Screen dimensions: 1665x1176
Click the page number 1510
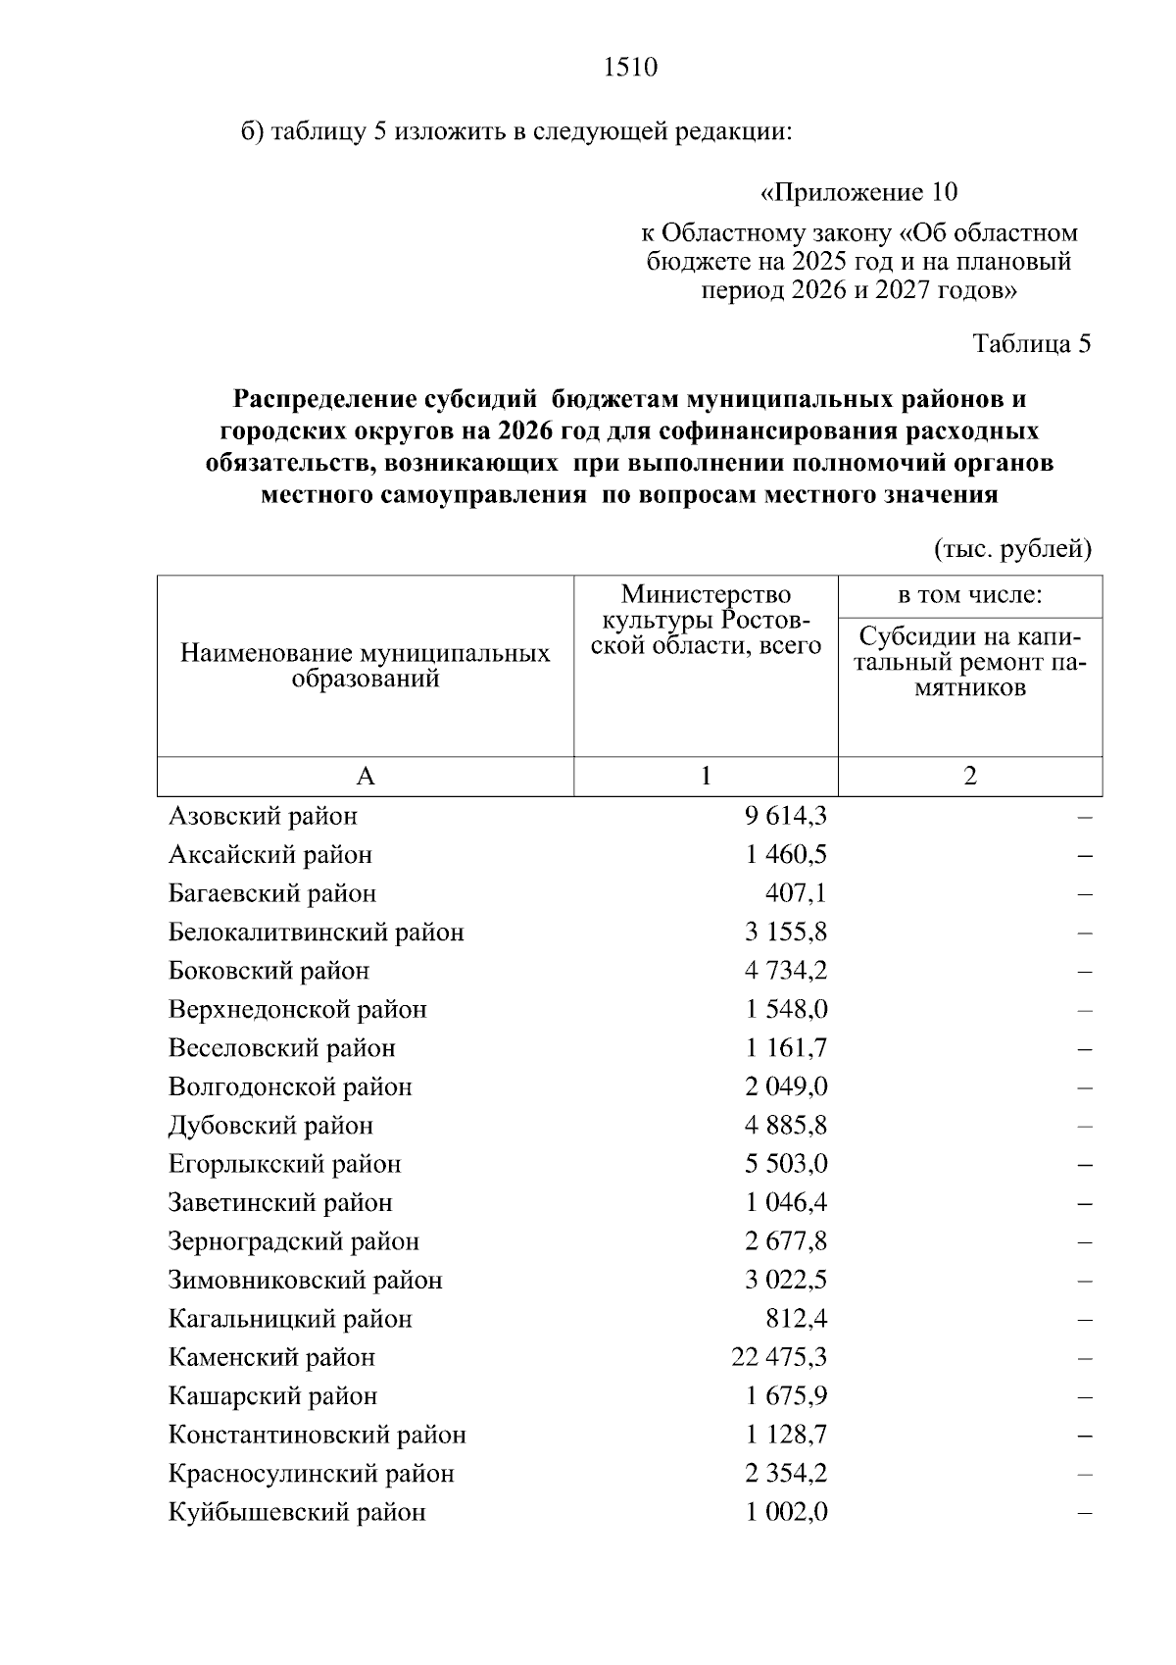(x=630, y=68)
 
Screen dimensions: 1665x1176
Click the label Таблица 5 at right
(x=1031, y=344)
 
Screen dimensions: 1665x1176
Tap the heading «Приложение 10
(x=858, y=191)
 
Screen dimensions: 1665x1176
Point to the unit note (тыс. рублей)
(x=1012, y=549)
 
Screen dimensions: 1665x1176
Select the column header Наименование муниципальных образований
(x=365, y=666)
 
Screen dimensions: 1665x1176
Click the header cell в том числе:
(x=969, y=595)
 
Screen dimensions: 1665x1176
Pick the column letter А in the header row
(x=365, y=777)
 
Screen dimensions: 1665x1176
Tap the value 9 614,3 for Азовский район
(x=785, y=816)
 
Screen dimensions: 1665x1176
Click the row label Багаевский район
(x=272, y=893)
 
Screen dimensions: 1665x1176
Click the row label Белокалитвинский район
(x=316, y=933)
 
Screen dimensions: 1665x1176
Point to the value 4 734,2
(x=785, y=971)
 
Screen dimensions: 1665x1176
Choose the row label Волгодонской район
(x=290, y=1086)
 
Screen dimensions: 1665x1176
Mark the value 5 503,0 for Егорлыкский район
(x=785, y=1164)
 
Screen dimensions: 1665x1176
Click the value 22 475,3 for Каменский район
(x=779, y=1357)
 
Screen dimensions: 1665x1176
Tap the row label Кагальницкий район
(x=290, y=1319)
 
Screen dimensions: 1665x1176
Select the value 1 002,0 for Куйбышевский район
(x=785, y=1512)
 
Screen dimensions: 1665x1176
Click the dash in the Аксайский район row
(x=1084, y=855)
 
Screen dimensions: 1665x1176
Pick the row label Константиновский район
(x=317, y=1435)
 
